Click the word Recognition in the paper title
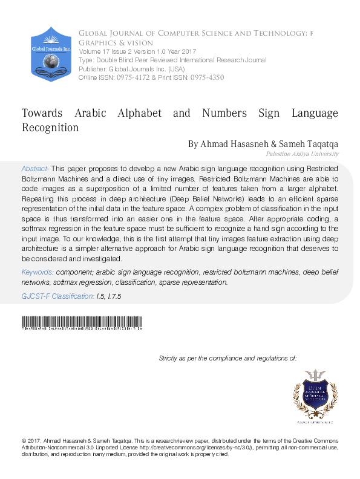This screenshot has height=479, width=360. click(x=50, y=128)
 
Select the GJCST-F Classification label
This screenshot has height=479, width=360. click(x=58, y=297)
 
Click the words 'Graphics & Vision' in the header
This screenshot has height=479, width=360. click(x=115, y=43)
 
